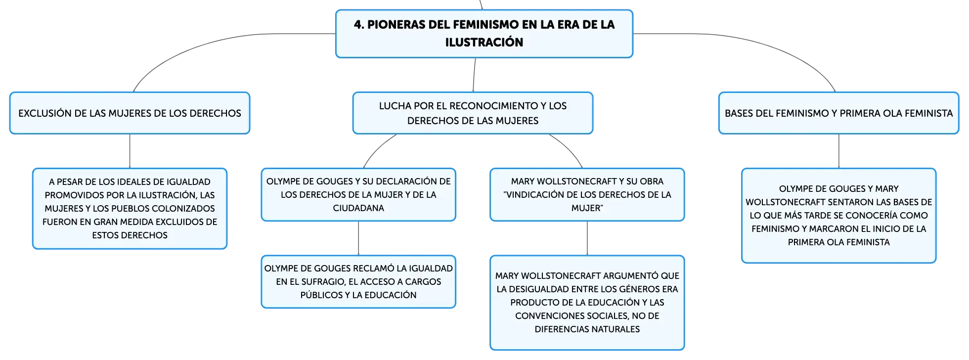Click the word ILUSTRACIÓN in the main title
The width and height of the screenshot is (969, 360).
484,42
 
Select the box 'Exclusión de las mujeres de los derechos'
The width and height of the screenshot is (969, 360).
130,113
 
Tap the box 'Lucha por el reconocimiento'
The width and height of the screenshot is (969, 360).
473,113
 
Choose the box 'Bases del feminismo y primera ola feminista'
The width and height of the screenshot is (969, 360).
838,113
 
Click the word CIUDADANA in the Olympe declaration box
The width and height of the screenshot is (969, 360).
358,208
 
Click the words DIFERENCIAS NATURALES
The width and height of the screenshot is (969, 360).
587,329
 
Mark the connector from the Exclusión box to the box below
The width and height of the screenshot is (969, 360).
130,151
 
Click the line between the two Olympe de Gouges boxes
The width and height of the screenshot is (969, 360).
358,238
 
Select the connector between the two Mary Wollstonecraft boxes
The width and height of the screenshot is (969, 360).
587,238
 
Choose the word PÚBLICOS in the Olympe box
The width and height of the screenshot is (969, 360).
321,295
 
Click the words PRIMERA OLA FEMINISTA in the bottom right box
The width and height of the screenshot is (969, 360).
838,242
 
